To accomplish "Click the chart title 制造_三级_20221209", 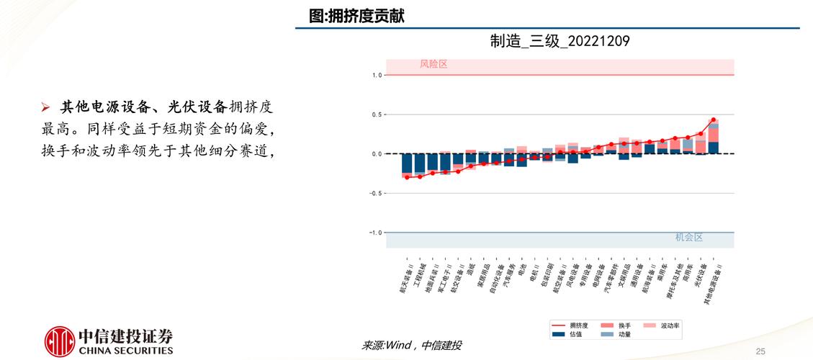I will click(x=560, y=42).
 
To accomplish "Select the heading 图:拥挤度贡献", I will click(x=356, y=16).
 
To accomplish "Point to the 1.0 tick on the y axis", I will click(x=377, y=75).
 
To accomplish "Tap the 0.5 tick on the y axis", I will click(x=377, y=114).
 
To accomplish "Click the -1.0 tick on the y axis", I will click(x=374, y=233).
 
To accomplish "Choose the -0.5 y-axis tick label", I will click(x=374, y=193).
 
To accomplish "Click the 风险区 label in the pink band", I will click(x=434, y=64).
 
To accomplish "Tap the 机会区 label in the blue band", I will click(x=688, y=237).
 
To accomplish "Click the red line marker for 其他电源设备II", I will click(x=713, y=120).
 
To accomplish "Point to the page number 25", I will click(x=760, y=351).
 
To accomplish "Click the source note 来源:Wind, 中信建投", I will click(x=411, y=346).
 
